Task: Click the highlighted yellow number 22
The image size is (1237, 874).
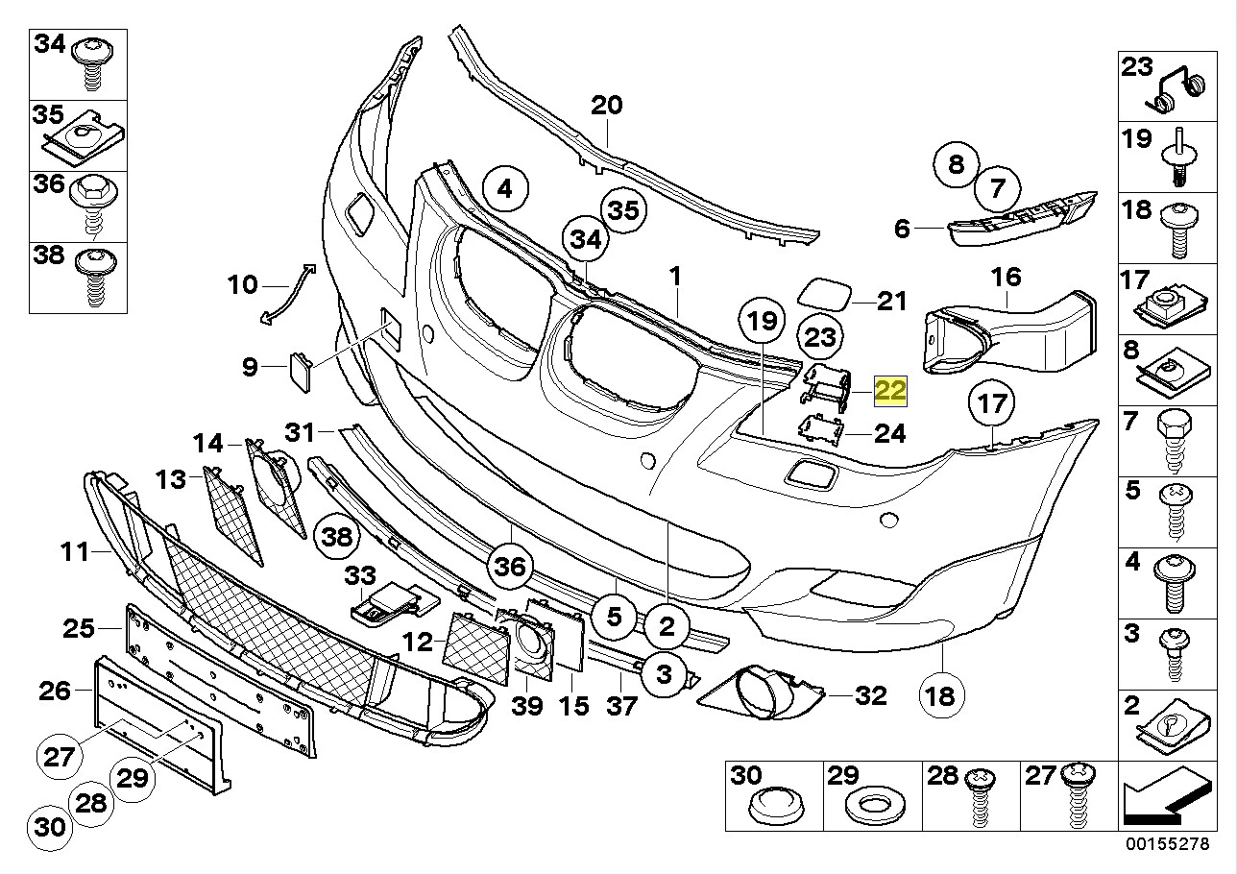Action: click(x=890, y=390)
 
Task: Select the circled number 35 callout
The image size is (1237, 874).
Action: click(x=623, y=211)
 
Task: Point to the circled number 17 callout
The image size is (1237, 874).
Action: click(x=991, y=403)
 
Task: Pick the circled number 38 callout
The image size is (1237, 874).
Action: click(x=337, y=537)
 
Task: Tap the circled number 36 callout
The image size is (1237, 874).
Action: click(x=510, y=567)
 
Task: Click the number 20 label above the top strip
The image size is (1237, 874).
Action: click(x=606, y=105)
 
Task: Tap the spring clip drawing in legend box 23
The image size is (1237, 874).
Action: click(x=1179, y=90)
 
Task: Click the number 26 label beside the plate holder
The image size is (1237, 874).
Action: click(x=55, y=690)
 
